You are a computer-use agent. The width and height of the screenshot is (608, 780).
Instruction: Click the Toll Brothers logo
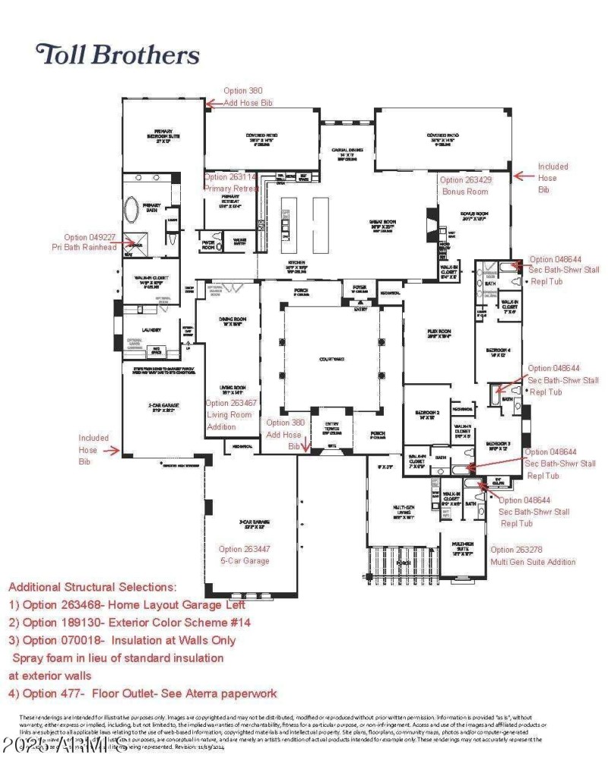[118, 55]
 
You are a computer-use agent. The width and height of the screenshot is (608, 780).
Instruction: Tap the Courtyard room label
[331, 360]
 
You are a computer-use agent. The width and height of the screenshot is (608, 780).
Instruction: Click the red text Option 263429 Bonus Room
[465, 186]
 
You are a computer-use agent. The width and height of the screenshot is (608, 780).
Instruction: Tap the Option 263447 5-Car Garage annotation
[245, 555]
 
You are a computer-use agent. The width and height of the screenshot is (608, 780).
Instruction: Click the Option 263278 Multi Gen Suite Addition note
[533, 556]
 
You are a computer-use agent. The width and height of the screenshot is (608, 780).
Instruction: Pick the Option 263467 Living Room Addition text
[230, 415]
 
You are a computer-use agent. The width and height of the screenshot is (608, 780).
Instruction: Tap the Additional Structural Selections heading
[105, 587]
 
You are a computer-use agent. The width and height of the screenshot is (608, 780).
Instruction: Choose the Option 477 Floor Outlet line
[143, 693]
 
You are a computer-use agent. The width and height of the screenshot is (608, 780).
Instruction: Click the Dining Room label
[227, 322]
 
